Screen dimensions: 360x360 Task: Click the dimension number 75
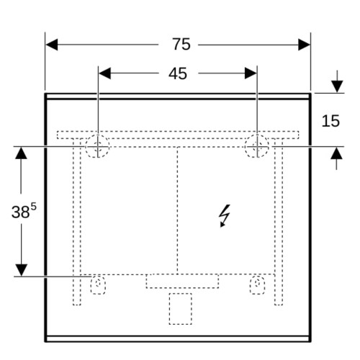181,44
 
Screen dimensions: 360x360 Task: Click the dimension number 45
178,73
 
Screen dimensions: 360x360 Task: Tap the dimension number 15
330,121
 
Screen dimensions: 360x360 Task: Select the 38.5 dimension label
24,211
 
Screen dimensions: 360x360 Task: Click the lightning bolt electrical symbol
225,215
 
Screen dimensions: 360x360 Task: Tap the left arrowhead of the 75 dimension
52,45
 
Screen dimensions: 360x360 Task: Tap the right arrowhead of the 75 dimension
304,45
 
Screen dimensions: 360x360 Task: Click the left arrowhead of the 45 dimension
105,73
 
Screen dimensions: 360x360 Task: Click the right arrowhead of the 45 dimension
251,73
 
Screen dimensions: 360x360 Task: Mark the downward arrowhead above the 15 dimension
337,86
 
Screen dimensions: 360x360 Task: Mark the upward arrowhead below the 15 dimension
336,153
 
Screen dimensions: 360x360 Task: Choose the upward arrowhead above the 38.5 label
21,153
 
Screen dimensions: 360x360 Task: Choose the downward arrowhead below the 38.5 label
22,270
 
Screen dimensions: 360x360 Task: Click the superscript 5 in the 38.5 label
33,206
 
